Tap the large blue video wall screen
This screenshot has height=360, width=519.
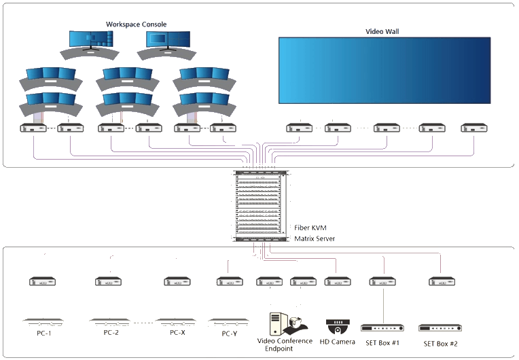(384, 70)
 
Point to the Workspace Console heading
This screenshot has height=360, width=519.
(137, 24)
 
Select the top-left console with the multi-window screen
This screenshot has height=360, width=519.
(91, 43)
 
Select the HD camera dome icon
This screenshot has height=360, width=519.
(337, 325)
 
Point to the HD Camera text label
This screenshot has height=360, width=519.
(337, 342)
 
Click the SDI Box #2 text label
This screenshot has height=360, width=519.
(440, 344)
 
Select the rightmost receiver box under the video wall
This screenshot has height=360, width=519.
(473, 128)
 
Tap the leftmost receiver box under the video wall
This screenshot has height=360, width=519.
(299, 128)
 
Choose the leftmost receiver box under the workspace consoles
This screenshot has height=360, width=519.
(33, 128)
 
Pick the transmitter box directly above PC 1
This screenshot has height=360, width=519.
(43, 281)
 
